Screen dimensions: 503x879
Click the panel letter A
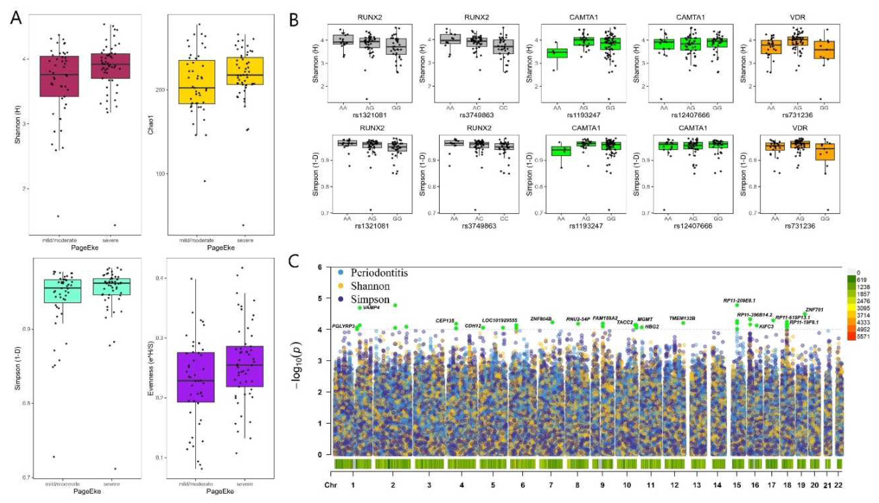coord(16,17)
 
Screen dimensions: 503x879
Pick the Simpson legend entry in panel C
coord(370,299)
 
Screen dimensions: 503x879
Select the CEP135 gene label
coord(445,321)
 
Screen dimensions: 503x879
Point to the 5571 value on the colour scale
coord(863,336)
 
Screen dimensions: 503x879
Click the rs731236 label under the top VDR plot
coord(800,115)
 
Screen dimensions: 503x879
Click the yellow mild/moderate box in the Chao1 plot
coord(197,82)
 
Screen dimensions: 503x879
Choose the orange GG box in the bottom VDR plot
coord(825,152)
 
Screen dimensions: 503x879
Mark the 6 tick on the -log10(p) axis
coord(320,267)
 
